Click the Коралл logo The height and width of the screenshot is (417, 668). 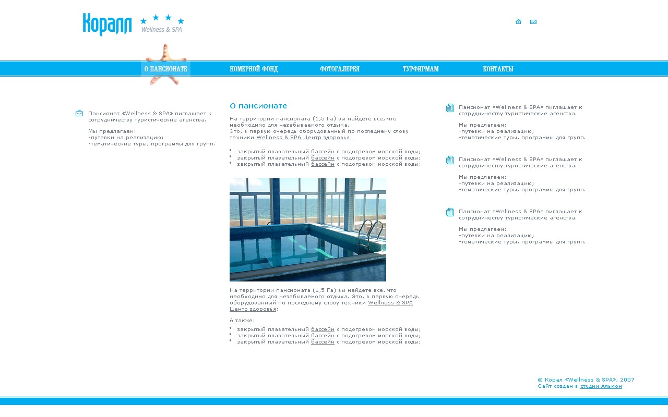107,24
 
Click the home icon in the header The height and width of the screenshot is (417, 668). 518,22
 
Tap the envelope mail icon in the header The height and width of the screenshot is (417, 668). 533,22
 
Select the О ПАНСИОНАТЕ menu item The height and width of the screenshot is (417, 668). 165,69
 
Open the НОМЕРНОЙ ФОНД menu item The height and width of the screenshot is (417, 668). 254,69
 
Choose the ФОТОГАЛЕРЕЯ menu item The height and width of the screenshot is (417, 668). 340,69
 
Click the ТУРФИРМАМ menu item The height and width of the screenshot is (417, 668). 421,69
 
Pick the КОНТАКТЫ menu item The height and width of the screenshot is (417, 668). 498,69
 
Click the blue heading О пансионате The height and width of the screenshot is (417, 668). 258,106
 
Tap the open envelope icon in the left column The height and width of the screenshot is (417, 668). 79,113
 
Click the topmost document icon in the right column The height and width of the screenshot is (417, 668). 450,108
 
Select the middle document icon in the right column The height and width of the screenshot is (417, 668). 450,160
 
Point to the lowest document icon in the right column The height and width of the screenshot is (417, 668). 450,212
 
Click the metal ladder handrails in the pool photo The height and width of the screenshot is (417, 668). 372,235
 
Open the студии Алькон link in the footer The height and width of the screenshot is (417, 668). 601,386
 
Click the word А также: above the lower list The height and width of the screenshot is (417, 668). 242,321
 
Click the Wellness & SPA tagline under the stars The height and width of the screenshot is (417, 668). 162,30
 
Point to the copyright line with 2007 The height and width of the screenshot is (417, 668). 586,380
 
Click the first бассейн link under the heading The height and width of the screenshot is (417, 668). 323,152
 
